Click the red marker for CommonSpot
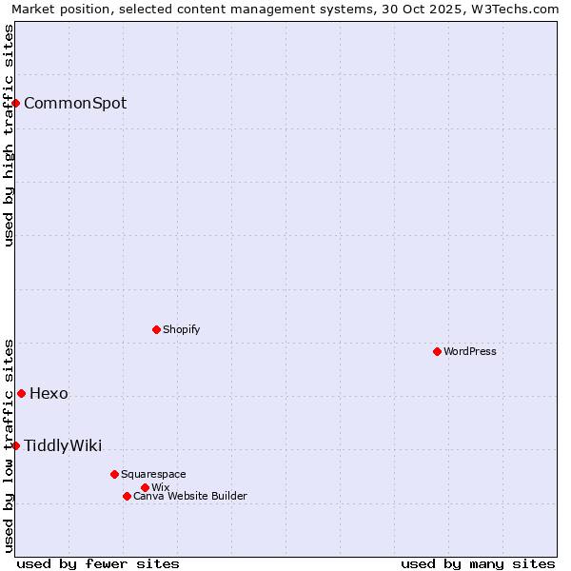click(x=16, y=103)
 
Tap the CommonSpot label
click(x=75, y=104)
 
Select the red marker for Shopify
click(x=156, y=329)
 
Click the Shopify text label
click(x=181, y=329)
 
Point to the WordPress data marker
click(x=437, y=351)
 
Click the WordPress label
click(x=470, y=351)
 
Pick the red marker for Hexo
click(x=21, y=393)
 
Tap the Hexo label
click(x=49, y=394)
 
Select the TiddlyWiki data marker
click(x=16, y=445)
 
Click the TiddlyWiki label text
click(x=63, y=446)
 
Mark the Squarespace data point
click(x=114, y=474)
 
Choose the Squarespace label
click(x=153, y=474)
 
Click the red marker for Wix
click(x=145, y=487)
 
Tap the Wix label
click(x=160, y=487)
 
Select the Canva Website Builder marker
click(x=127, y=496)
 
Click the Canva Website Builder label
click(x=189, y=496)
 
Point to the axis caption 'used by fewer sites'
click(x=98, y=563)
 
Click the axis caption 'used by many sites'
click(x=478, y=563)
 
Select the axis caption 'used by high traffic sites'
click(x=9, y=135)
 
